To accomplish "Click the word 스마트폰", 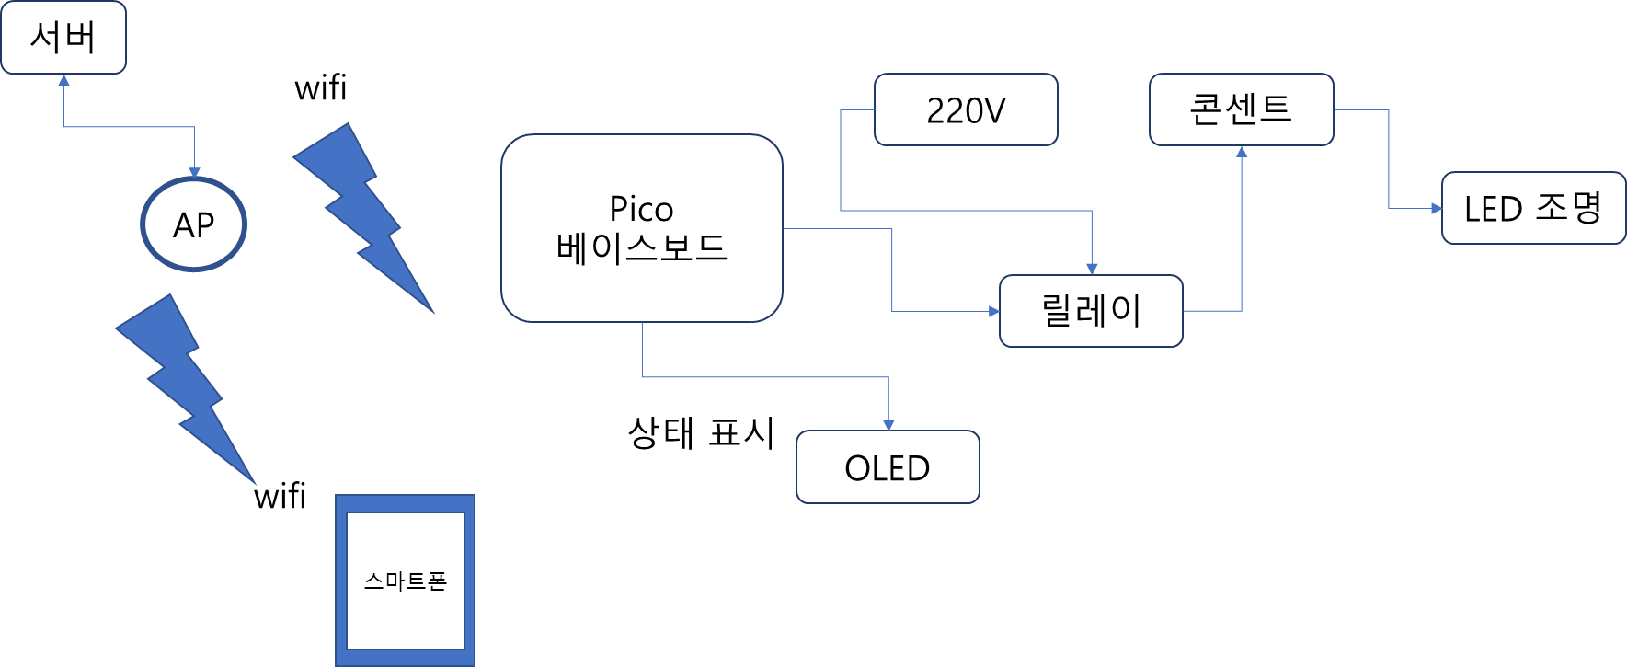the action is click(x=405, y=581).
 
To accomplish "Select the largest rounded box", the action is click(x=641, y=228).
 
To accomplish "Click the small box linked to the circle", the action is click(x=63, y=38).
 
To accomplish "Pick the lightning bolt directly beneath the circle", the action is click(x=184, y=386).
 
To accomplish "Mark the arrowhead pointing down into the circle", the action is click(x=194, y=172).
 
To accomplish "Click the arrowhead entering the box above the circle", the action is click(x=63, y=80).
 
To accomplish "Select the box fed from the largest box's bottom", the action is click(x=888, y=466).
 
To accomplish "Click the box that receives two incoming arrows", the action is click(x=1091, y=311).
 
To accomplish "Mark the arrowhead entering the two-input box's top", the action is click(x=1092, y=269).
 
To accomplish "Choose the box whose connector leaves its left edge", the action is click(x=966, y=109).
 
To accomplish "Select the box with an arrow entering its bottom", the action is click(x=1241, y=109).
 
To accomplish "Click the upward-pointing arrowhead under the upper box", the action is click(x=1242, y=152).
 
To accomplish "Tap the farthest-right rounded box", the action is click(x=1533, y=208).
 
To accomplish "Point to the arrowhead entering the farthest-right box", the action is click(x=1436, y=209).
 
